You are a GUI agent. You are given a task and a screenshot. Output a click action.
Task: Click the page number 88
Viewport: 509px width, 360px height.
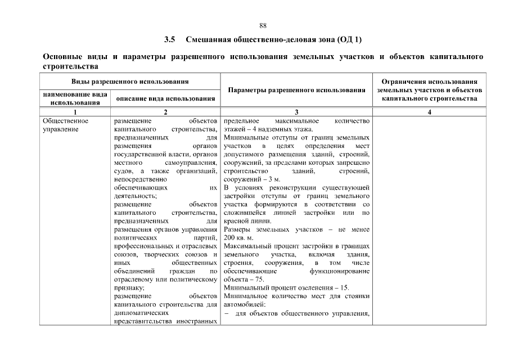(x=263, y=25)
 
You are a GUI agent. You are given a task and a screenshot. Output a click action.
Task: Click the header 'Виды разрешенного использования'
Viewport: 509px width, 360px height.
(x=129, y=82)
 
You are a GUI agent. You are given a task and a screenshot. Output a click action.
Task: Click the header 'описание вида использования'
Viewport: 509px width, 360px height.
(x=165, y=99)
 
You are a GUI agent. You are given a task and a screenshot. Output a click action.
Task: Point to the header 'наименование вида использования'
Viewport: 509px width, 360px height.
(x=75, y=98)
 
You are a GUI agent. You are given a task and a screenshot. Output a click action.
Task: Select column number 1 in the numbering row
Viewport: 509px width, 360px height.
(x=75, y=112)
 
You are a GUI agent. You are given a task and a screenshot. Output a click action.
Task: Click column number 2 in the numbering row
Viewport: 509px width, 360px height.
(x=165, y=112)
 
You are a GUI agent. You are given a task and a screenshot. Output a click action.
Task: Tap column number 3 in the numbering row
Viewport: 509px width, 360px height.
(x=296, y=112)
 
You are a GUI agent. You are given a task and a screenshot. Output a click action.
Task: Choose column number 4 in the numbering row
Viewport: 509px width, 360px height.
(x=429, y=112)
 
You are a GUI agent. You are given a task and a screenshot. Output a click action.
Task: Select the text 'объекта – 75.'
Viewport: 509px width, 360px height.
(x=244, y=280)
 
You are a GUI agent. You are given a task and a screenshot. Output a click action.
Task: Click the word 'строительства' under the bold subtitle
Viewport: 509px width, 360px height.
(x=67, y=66)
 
